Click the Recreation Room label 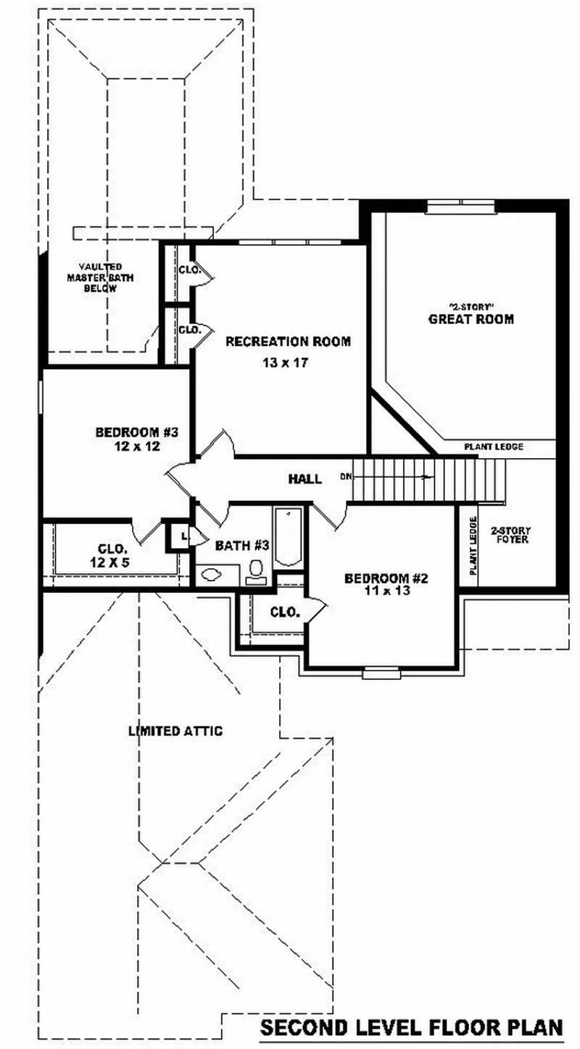[x=288, y=341]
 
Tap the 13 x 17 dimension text [x=286, y=363]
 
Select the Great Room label [x=471, y=319]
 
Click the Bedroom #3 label [x=137, y=433]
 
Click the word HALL [x=304, y=479]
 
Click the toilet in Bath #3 [x=256, y=571]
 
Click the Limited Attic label [x=175, y=731]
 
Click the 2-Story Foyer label [x=510, y=535]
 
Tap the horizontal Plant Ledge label [x=494, y=447]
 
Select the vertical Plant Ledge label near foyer [x=473, y=545]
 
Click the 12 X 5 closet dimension [x=112, y=561]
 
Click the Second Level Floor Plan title [x=411, y=1027]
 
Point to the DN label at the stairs [x=344, y=477]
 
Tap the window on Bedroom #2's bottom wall [x=381, y=673]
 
